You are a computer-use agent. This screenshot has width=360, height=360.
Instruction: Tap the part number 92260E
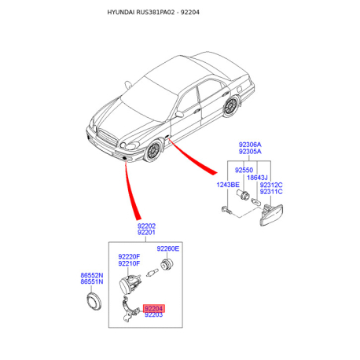(166, 248)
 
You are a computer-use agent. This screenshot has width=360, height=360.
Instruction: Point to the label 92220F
(129, 256)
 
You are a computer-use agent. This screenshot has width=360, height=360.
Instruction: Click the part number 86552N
(93, 274)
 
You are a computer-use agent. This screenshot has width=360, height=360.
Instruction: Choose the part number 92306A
(250, 145)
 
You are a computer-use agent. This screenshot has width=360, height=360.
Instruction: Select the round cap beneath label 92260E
(166, 264)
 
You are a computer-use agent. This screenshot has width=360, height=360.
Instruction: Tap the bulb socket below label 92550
(245, 197)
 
